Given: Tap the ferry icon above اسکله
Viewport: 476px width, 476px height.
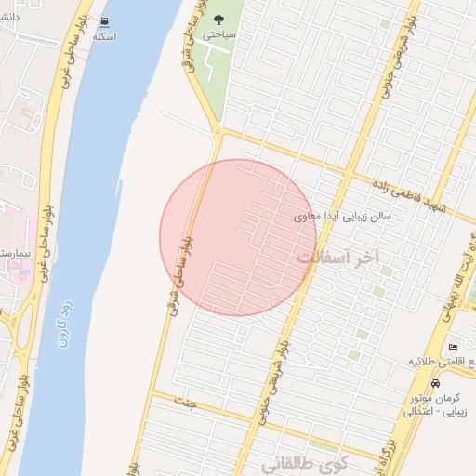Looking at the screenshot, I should point(104,21).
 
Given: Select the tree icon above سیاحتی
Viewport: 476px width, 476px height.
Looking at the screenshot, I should point(219,19).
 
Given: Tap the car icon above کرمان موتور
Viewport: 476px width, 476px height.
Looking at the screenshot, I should point(436,383).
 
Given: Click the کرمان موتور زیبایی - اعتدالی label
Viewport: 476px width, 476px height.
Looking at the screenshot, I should point(436,403).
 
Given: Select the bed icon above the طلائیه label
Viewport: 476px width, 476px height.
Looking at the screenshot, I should point(453,345).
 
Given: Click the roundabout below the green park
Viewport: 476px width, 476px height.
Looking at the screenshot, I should point(218,133).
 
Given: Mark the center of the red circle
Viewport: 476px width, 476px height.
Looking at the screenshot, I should point(238,238).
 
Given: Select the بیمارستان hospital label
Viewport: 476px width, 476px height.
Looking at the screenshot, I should point(13,253).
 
